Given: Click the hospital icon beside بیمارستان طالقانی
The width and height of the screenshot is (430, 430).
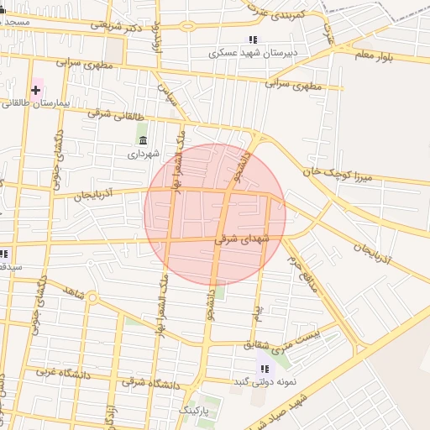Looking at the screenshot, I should pyautogui.click(x=36, y=89).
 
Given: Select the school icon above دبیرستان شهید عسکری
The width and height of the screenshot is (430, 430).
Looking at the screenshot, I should pyautogui.click(x=253, y=39).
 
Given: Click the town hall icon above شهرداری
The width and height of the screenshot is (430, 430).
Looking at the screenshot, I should pyautogui.click(x=143, y=140).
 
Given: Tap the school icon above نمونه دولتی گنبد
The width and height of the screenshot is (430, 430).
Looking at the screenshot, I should pyautogui.click(x=265, y=369).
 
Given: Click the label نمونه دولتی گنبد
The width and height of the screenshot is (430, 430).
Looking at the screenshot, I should pyautogui.click(x=267, y=382).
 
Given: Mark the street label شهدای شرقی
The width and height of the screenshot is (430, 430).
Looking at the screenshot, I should pyautogui.click(x=243, y=239).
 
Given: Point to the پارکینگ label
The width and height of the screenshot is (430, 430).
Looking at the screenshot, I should pyautogui.click(x=199, y=409).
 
